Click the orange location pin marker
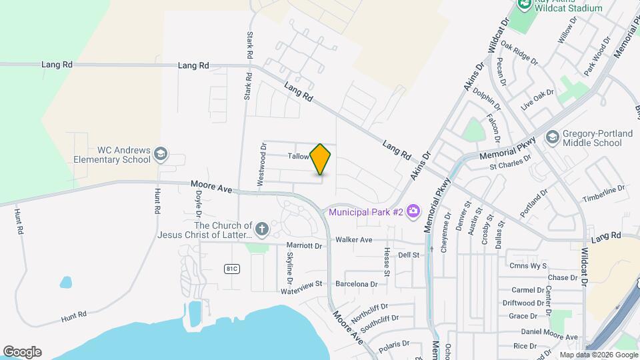[x=321, y=159]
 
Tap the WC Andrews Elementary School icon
[x=160, y=155]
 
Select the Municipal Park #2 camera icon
[x=413, y=211]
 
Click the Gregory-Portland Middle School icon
[x=552, y=138]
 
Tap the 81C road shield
[x=231, y=268]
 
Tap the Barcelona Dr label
[x=356, y=283]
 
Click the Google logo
[x=22, y=352]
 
